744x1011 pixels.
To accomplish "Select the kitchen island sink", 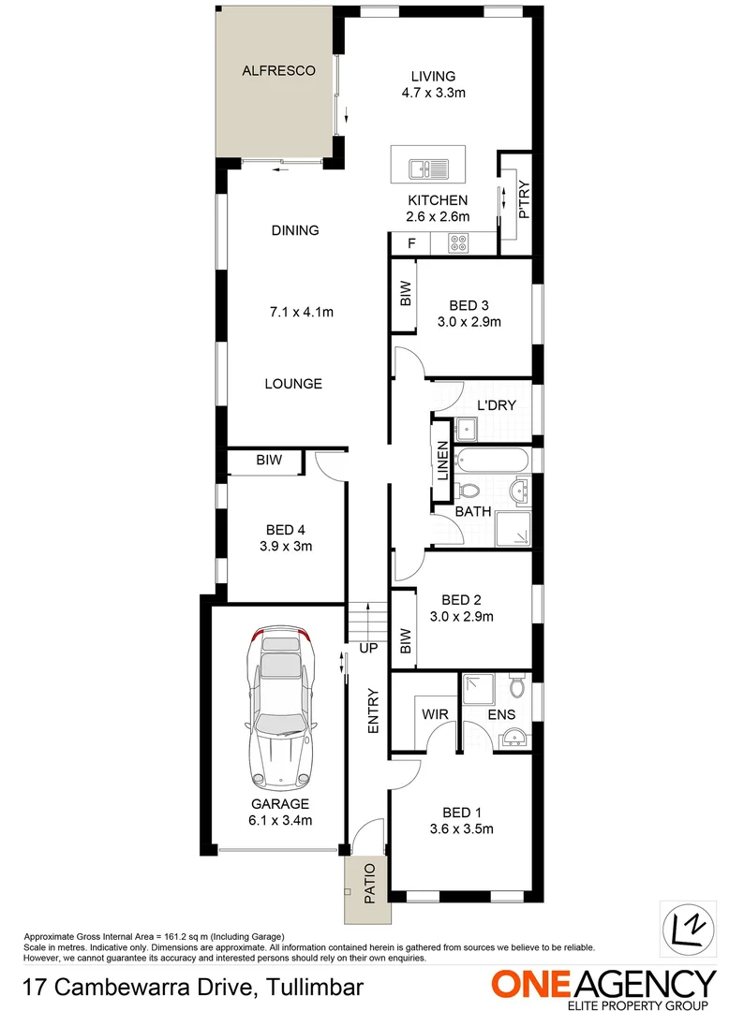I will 429,169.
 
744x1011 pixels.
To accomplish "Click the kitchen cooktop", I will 459,243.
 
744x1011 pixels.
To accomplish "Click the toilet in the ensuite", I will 516,688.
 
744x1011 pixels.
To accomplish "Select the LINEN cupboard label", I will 440,462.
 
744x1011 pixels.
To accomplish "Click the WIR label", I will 434,714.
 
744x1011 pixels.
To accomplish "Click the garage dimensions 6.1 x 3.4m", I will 279,820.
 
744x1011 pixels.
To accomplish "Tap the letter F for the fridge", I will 409,244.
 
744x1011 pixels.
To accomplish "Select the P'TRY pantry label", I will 523,200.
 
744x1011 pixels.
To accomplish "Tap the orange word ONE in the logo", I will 532,984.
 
